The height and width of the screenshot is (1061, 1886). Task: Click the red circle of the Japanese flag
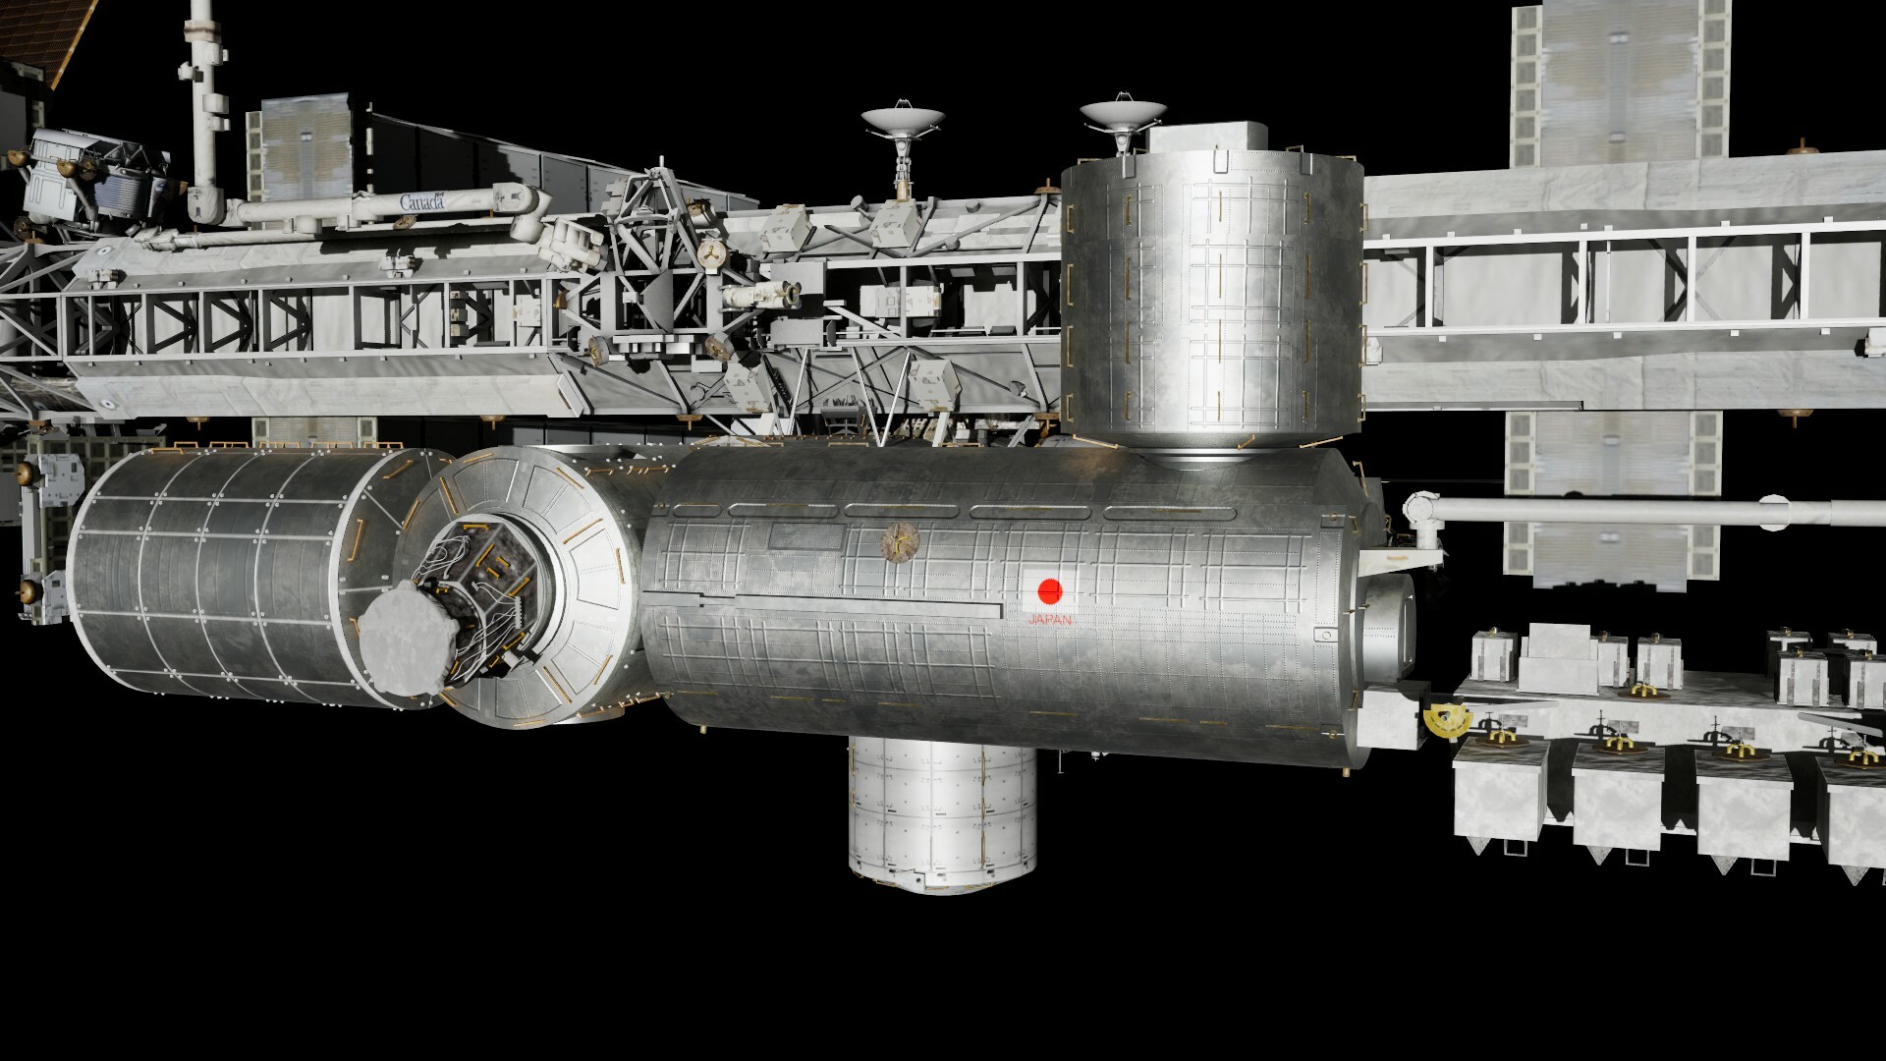point(1050,590)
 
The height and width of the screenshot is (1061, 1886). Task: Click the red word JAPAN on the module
point(1050,621)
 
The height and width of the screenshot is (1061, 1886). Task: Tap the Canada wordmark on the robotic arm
point(421,202)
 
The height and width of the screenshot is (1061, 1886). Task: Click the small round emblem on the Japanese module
point(899,539)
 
